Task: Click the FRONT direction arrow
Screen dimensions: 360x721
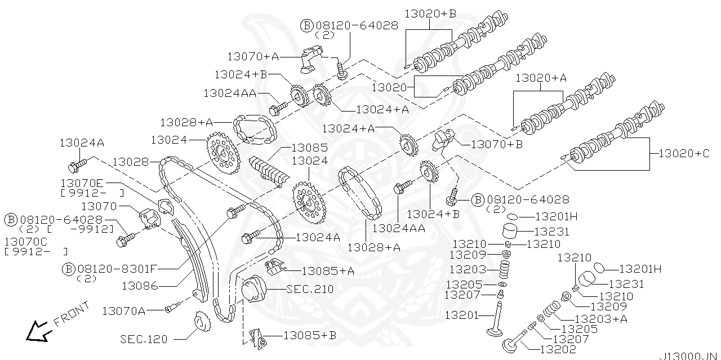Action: pos(37,329)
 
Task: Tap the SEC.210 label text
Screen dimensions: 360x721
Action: pos(310,289)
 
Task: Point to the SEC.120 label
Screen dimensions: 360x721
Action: pos(144,339)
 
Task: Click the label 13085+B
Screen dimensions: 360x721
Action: pos(309,335)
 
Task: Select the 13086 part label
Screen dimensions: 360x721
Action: pos(140,286)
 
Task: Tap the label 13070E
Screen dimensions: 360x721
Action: pos(82,183)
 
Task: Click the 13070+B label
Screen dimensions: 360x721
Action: pos(496,144)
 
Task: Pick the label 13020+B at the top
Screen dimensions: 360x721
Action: pos(429,14)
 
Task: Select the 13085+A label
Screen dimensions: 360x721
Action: pos(328,271)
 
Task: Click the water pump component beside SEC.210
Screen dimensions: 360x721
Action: pos(254,290)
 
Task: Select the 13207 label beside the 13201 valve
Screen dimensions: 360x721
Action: pos(462,294)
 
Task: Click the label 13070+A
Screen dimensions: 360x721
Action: pos(253,56)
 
